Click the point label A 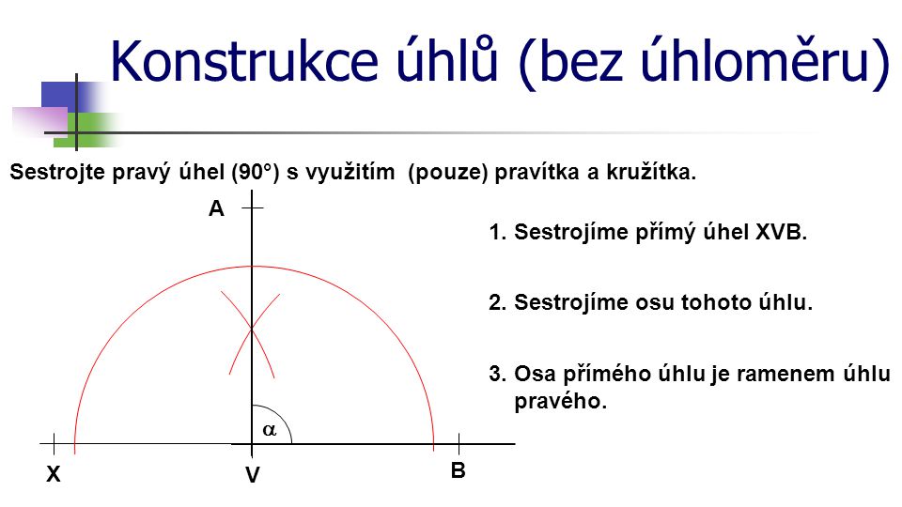tap(216, 208)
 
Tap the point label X tap(53, 474)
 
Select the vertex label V tap(253, 475)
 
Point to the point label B tap(458, 470)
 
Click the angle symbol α tap(270, 429)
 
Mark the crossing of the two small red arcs tap(252, 329)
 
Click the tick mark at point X tap(54, 444)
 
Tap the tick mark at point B tap(459, 444)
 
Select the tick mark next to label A tap(252, 207)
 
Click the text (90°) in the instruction tap(255, 173)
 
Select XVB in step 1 tap(781, 232)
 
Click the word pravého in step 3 tap(560, 401)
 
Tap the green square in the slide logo tap(86, 130)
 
